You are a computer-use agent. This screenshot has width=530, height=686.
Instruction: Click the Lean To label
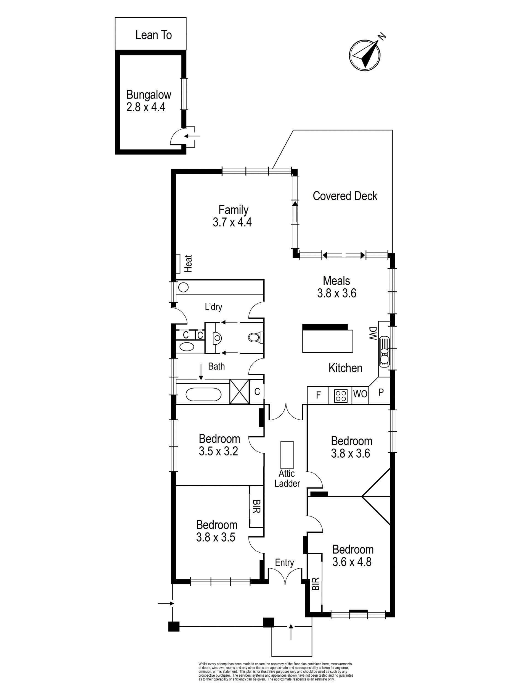click(x=153, y=35)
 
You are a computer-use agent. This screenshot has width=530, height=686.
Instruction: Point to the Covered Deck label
click(x=345, y=196)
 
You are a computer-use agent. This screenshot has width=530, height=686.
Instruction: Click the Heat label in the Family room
click(x=188, y=263)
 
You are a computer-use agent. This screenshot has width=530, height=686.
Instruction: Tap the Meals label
click(x=336, y=281)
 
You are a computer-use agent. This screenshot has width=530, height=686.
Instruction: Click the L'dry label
click(x=213, y=307)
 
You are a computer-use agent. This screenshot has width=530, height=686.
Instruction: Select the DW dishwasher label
click(x=372, y=333)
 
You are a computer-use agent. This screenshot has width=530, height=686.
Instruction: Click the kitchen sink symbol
click(x=384, y=352)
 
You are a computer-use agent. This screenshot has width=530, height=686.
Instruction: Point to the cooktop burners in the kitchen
click(x=340, y=395)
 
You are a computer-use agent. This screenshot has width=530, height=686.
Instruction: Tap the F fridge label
click(x=318, y=395)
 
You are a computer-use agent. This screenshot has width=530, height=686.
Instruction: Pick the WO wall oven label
click(x=360, y=394)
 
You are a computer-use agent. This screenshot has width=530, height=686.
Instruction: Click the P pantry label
click(x=381, y=392)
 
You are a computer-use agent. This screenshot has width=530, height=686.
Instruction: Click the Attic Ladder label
click(x=287, y=478)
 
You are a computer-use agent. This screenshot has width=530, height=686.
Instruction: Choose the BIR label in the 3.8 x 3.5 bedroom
click(x=256, y=506)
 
